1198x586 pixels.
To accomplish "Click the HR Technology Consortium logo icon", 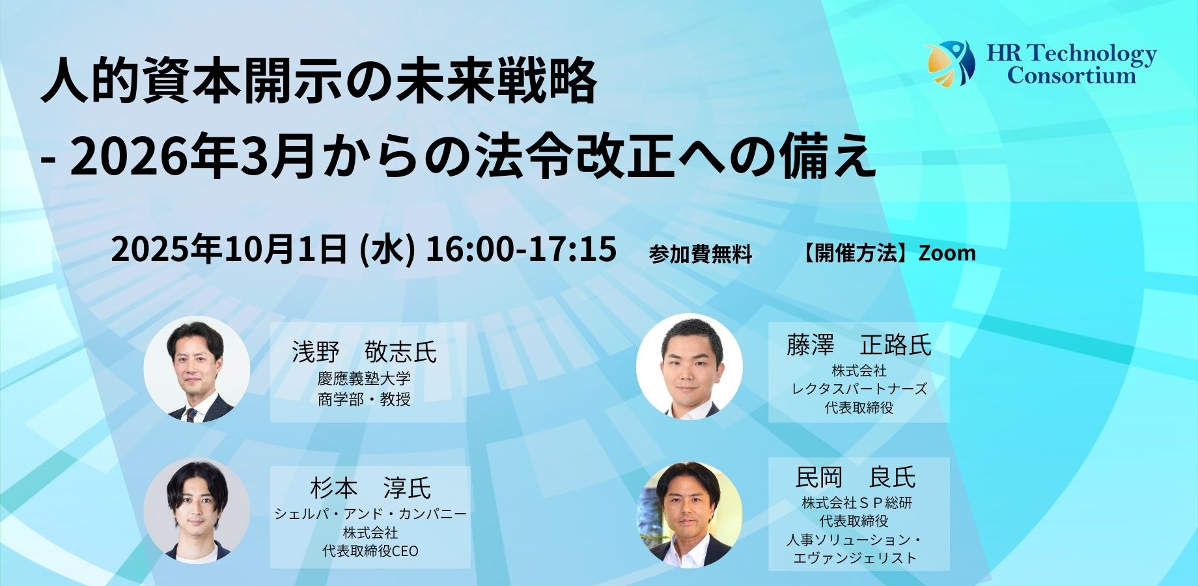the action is click(950, 63).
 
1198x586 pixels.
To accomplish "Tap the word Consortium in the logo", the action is click(1072, 76).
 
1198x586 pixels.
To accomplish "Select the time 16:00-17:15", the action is click(520, 249).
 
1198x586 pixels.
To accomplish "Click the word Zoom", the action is click(947, 253).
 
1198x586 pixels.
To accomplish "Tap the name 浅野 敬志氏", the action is click(365, 352).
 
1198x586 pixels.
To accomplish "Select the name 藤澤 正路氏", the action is click(859, 345).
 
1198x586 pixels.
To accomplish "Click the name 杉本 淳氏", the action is click(370, 488).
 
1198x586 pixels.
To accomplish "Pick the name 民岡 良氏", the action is click(856, 477).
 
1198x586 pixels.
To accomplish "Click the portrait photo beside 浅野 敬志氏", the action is click(197, 369).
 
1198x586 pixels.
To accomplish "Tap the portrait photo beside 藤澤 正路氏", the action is click(690, 367).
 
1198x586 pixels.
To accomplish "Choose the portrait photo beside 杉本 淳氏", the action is click(197, 512).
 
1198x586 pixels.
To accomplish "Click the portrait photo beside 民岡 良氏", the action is click(690, 514).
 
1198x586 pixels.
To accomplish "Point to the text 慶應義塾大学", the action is click(364, 379).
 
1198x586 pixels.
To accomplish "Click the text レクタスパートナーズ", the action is click(859, 389).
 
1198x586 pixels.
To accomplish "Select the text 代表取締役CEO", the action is click(370, 551).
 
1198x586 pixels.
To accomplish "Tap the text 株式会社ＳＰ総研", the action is click(857, 503).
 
